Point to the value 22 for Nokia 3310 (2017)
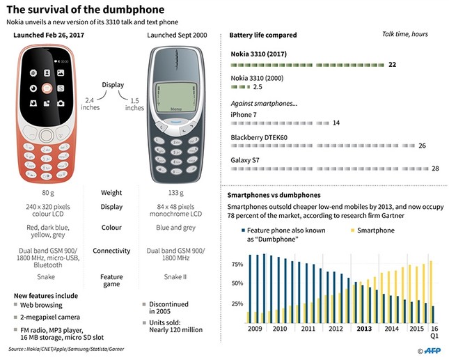[393, 65]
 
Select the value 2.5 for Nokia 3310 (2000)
[258, 87]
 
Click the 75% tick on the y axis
[237, 265]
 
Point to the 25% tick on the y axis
[237, 304]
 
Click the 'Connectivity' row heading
[111, 251]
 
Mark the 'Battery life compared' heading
[263, 35]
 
